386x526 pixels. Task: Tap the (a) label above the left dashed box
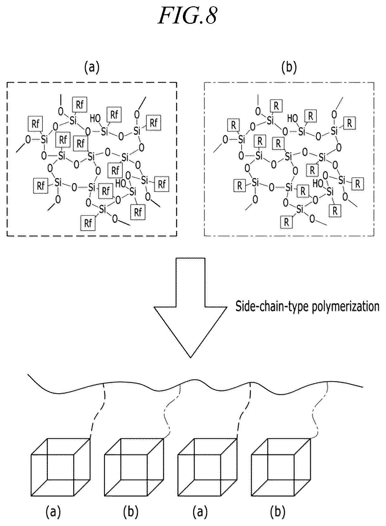(x=92, y=67)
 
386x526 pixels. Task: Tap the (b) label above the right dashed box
(x=289, y=67)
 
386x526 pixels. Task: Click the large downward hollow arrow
(x=190, y=308)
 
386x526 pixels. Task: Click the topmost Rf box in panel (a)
(x=80, y=105)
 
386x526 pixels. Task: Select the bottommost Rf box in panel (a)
(x=88, y=223)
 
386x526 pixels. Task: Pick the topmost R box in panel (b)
(x=276, y=106)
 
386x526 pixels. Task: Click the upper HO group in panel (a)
(x=95, y=119)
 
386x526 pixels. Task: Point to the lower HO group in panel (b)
(x=318, y=183)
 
